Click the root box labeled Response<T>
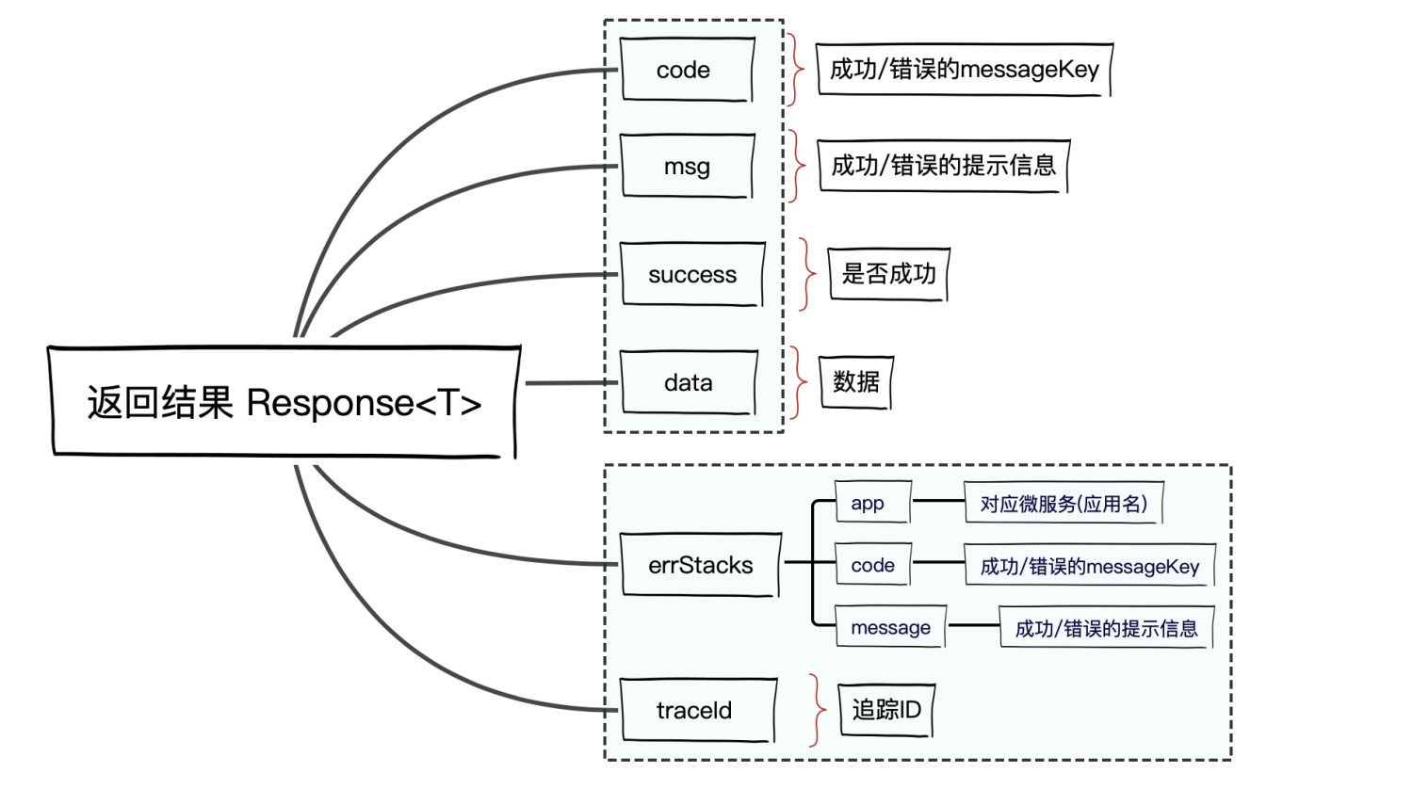[x=284, y=402]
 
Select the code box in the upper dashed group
[x=687, y=70]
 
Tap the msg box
[x=687, y=167]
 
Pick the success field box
[x=691, y=274]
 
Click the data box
[x=689, y=382]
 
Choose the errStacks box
[x=700, y=565]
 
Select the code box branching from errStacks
[x=873, y=565]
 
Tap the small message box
[x=891, y=627]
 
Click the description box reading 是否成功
[x=888, y=274]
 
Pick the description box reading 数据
[x=856, y=382]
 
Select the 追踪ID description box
[x=885, y=710]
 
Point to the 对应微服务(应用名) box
[x=1064, y=504]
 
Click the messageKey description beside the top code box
[x=965, y=70]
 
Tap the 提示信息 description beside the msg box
[x=944, y=167]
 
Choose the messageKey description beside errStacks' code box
[x=1090, y=566]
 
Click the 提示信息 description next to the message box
[x=1106, y=628]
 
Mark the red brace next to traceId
[x=817, y=710]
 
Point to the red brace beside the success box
[x=807, y=274]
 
